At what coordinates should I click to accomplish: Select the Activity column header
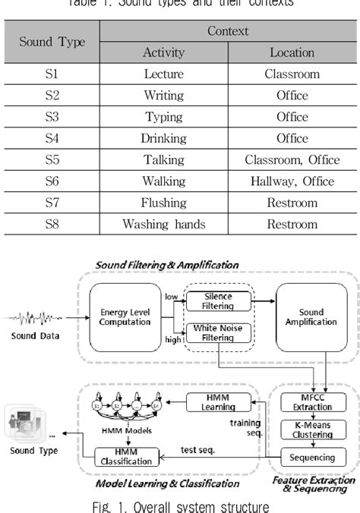164,52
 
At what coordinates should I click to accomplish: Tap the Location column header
292,52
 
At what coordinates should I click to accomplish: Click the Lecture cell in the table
164,74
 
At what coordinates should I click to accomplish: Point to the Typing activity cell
164,117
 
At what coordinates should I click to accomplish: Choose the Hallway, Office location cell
292,181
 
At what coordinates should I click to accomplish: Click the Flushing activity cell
164,203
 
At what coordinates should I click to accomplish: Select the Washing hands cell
164,225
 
